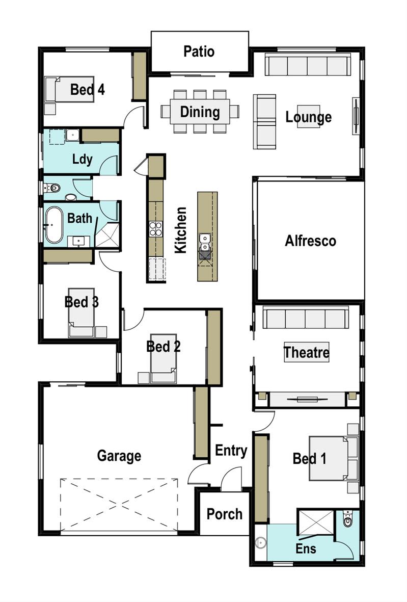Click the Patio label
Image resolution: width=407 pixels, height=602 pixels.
[x=199, y=51]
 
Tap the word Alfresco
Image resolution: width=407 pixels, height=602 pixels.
[x=310, y=241]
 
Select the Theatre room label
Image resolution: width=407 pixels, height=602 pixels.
[x=307, y=352]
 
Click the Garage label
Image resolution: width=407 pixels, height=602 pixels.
[x=119, y=456]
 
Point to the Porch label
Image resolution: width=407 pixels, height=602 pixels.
[x=225, y=514]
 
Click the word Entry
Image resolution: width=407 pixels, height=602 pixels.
[x=231, y=450]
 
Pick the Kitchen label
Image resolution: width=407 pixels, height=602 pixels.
[x=180, y=230]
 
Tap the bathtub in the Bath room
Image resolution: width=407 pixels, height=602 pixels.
[x=53, y=225]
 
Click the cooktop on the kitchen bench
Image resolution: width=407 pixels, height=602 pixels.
[x=156, y=229]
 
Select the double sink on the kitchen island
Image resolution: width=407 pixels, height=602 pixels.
[x=205, y=242]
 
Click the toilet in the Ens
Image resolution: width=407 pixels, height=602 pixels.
[x=347, y=519]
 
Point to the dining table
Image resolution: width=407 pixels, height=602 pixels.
[x=200, y=112]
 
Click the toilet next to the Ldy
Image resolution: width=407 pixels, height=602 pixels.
[x=52, y=188]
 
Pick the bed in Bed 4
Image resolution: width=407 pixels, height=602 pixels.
[x=69, y=89]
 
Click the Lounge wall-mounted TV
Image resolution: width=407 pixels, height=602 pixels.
[x=356, y=116]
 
